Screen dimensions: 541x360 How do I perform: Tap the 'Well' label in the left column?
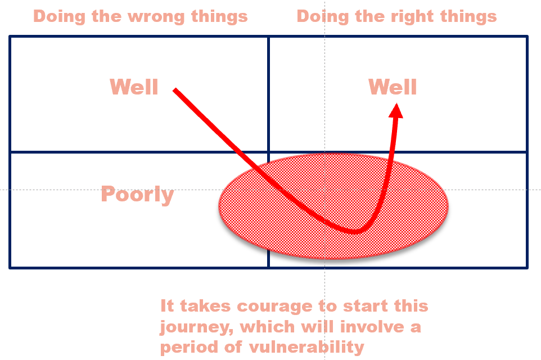point(134,87)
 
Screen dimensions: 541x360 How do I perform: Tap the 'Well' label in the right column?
point(393,87)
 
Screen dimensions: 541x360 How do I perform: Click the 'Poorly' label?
point(137,194)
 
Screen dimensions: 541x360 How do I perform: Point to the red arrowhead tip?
point(397,103)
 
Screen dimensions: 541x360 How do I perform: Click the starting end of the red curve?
point(174,90)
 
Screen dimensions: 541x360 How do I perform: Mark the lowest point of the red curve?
point(354,232)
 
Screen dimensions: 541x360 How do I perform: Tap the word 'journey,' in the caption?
point(197,327)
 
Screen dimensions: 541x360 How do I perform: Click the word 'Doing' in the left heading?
point(59,17)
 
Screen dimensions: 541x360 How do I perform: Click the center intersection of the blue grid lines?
point(268,151)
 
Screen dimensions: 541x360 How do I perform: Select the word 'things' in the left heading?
point(219,17)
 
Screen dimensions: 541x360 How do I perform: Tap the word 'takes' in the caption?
point(205,306)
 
